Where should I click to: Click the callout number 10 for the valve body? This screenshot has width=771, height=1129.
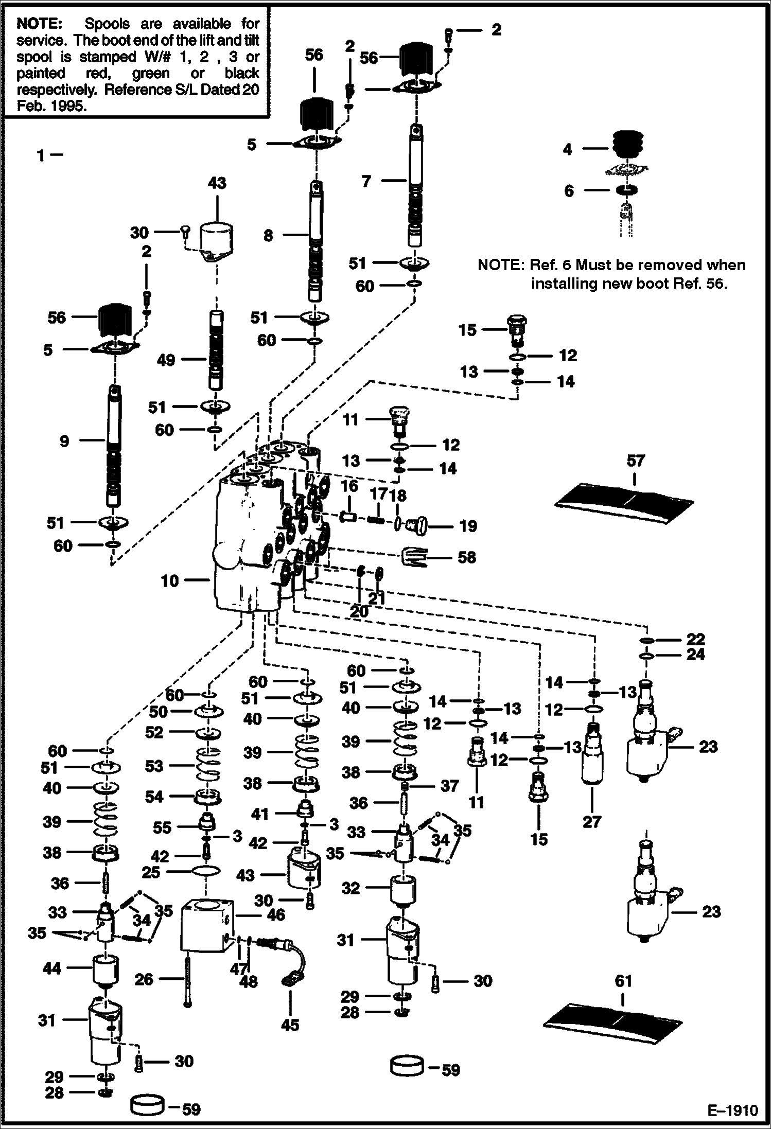pyautogui.click(x=169, y=581)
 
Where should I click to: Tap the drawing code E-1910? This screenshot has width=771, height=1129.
pyautogui.click(x=732, y=1110)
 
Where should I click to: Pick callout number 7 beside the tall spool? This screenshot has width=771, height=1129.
pyautogui.click(x=366, y=181)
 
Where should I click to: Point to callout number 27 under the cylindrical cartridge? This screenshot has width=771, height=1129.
pyautogui.click(x=591, y=821)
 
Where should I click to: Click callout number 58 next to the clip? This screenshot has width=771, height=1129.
pyautogui.click(x=466, y=557)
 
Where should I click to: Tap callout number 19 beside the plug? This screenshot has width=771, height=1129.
pyautogui.click(x=468, y=526)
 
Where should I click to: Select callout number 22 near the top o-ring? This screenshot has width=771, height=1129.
pyautogui.click(x=695, y=639)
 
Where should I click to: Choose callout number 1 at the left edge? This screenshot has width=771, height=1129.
pyautogui.click(x=41, y=155)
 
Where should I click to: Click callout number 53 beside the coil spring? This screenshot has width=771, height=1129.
pyautogui.click(x=154, y=766)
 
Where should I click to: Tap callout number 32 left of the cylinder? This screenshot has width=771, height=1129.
pyautogui.click(x=351, y=888)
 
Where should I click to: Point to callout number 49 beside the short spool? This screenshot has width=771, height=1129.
pyautogui.click(x=166, y=360)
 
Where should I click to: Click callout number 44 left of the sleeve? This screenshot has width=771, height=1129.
pyautogui.click(x=51, y=968)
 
